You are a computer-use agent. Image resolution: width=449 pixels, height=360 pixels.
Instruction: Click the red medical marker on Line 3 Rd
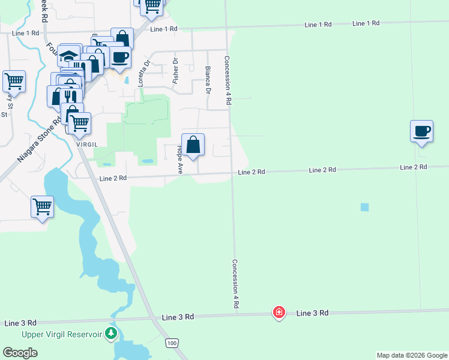pyautogui.click(x=279, y=312)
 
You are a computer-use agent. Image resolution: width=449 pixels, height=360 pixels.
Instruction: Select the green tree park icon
pyautogui.click(x=110, y=333)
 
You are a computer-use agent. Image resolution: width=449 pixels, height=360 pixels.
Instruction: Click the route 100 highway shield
pyautogui.click(x=172, y=343)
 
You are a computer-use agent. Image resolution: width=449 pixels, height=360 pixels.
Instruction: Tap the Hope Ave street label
pyautogui.click(x=179, y=159)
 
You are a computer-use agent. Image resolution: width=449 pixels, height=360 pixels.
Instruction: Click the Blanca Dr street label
pyautogui.click(x=208, y=80)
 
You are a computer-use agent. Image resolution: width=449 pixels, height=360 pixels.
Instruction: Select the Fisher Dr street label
pyautogui.click(x=176, y=70)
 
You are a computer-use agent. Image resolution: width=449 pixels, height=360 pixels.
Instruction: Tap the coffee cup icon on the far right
pyautogui.click(x=422, y=131)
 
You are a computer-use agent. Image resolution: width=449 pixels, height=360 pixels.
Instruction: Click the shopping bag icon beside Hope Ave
pyautogui.click(x=193, y=145)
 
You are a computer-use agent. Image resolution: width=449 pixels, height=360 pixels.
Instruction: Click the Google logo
pyautogui.click(x=20, y=353)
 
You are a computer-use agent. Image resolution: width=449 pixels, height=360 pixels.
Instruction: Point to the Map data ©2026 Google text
pyautogui.click(x=412, y=355)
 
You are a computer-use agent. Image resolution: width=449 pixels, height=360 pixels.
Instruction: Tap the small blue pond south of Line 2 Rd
pyautogui.click(x=364, y=207)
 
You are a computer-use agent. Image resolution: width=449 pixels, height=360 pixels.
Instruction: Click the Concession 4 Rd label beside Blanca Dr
pyautogui.click(x=228, y=81)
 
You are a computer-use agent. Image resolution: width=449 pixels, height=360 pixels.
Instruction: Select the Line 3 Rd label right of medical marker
pyautogui.click(x=312, y=313)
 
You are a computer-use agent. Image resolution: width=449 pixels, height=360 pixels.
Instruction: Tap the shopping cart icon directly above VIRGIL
pyautogui.click(x=79, y=124)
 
